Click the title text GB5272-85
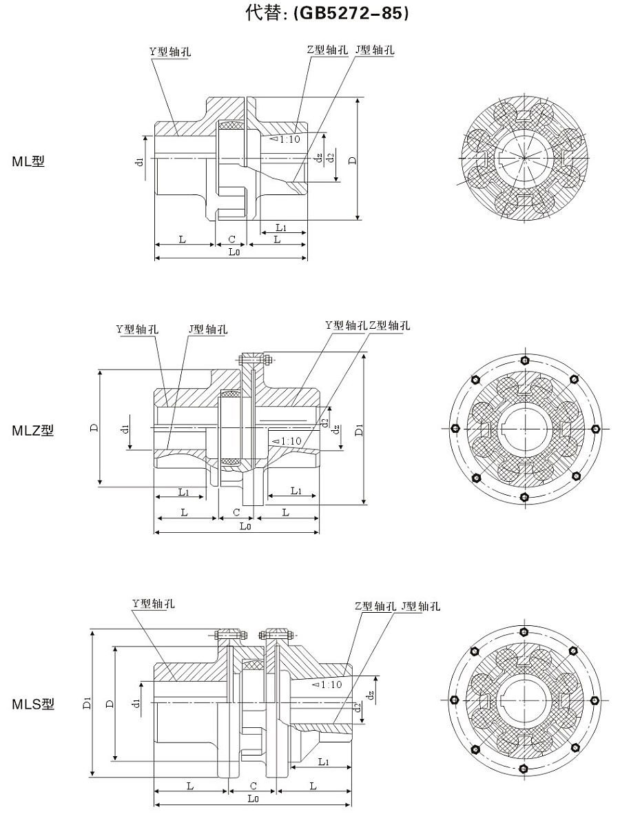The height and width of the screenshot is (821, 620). pos(351,13)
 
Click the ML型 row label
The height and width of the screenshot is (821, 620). pos(28,162)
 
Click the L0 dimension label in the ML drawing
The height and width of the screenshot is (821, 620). pos(234,252)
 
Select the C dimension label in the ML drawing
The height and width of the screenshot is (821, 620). pos(232,239)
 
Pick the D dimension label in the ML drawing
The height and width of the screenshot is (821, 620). pos(352,160)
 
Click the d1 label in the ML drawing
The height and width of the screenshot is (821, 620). pos(140,161)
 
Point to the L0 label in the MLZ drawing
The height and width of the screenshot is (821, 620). pos(245,526)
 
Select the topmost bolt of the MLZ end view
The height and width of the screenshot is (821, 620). pos(525,360)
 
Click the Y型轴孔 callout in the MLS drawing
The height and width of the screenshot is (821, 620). pos(154,603)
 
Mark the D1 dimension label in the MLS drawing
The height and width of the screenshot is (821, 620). pos(86,703)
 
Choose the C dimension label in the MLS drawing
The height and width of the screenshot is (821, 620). pos(254,786)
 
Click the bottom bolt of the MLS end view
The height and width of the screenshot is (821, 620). pos(524,769)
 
